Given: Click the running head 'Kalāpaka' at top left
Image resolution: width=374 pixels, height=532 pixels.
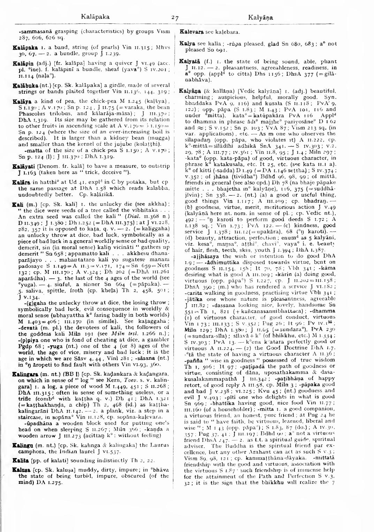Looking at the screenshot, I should coord(95,16).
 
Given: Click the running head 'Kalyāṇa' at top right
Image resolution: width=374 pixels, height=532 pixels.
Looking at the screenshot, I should coord(261,17).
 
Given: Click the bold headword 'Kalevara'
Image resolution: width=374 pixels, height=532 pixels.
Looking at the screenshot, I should coord(191,32).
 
